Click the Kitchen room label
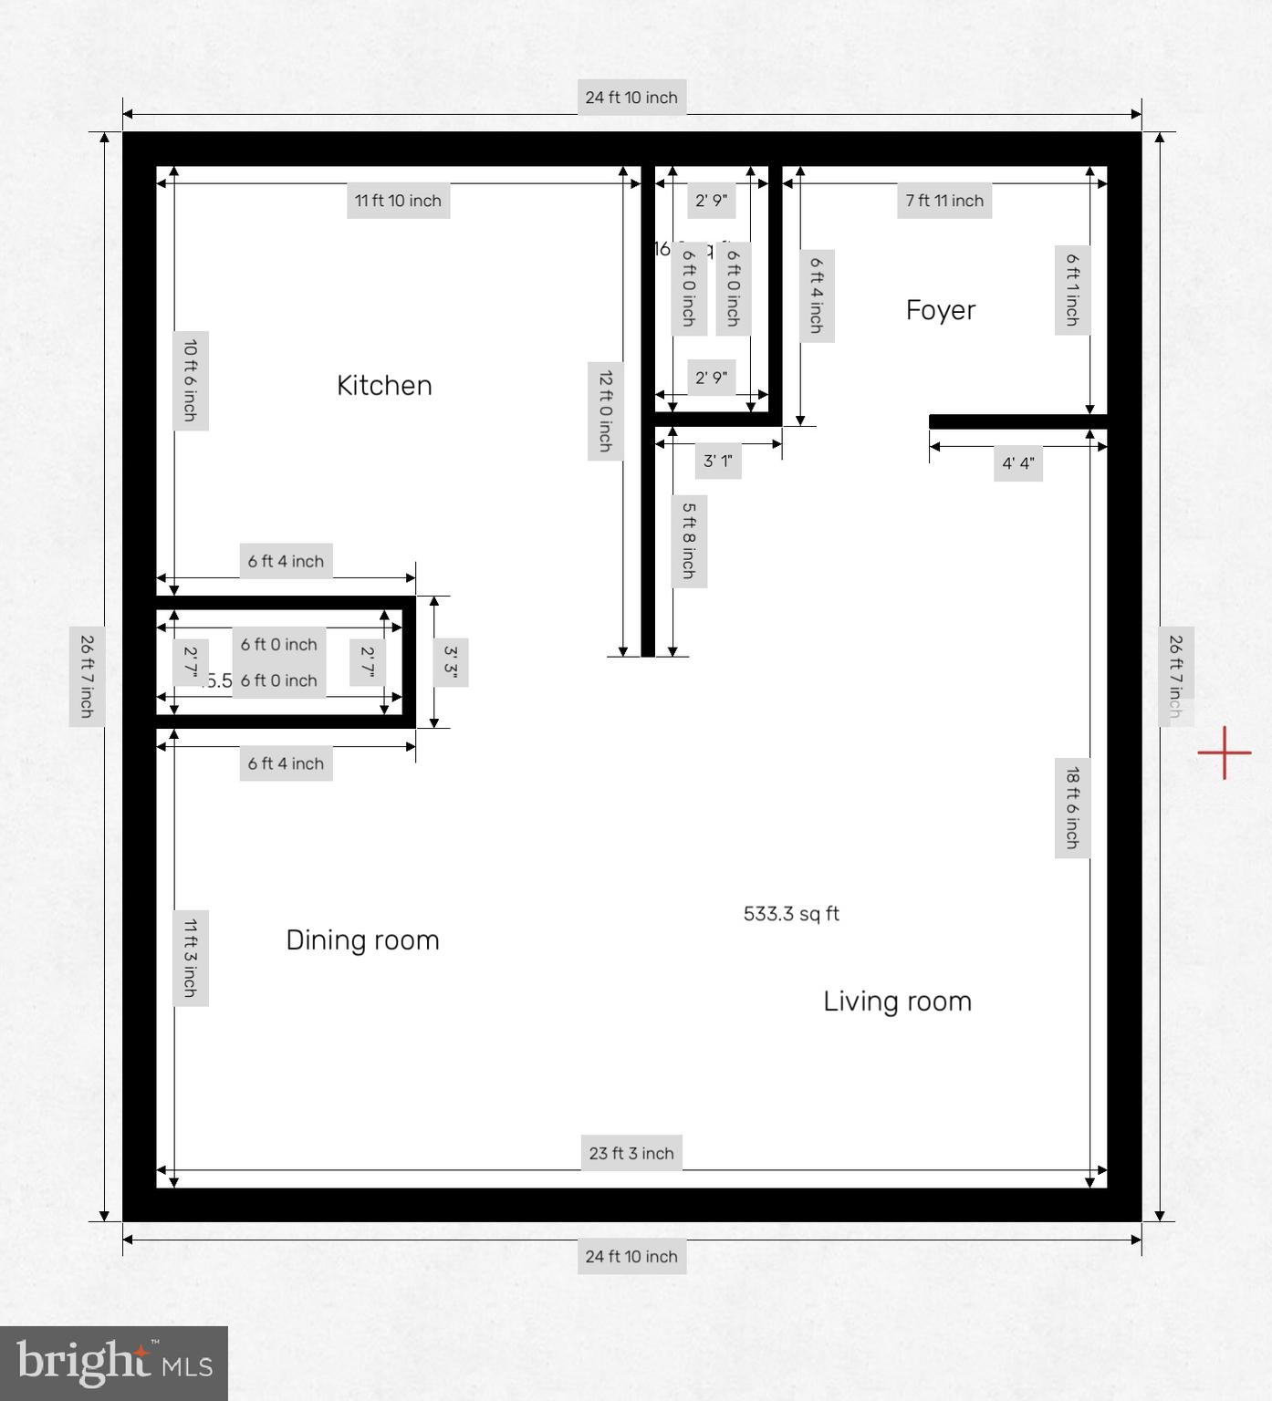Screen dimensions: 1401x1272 point(384,386)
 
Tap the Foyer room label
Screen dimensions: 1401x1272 point(940,310)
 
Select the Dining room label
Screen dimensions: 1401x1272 point(362,940)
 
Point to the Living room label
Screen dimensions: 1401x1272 point(897,1001)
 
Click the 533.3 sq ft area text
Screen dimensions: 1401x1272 point(791,914)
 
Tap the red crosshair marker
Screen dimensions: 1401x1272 point(1225,753)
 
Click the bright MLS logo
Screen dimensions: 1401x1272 point(114,1364)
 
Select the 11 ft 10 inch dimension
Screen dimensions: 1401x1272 point(398,201)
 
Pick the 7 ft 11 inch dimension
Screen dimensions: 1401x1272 point(944,201)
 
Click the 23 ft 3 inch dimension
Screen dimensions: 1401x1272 point(631,1153)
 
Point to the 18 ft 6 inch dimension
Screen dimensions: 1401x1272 point(1072,808)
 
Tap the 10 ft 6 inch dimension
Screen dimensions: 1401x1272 point(191,380)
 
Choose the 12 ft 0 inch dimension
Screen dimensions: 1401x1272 point(605,410)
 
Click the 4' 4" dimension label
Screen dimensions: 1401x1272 point(1017,463)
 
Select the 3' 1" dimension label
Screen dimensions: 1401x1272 point(717,461)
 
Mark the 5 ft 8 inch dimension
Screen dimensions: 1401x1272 point(689,541)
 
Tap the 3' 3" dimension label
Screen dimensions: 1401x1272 point(451,662)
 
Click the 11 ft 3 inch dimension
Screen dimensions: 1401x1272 point(191,958)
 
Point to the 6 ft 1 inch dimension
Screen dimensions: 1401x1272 point(1072,290)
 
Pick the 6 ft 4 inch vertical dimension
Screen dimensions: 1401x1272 point(817,295)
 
